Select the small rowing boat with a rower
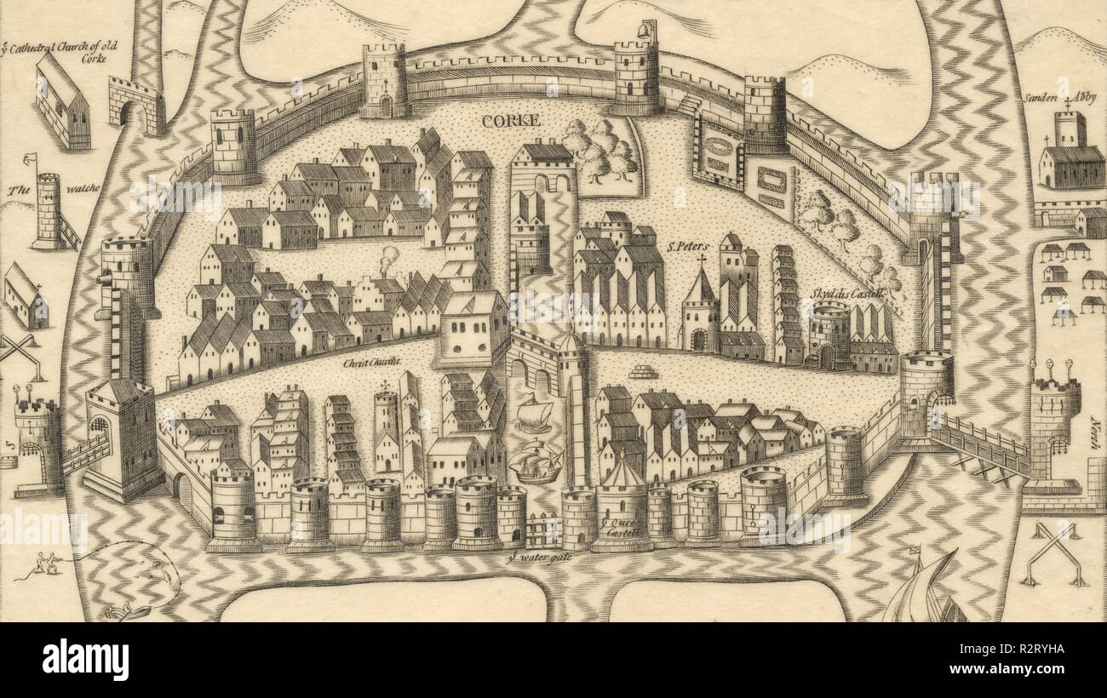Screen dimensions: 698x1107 click(128, 611)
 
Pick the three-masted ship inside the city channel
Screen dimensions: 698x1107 click(536, 461)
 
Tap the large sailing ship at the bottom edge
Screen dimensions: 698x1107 click(924, 592)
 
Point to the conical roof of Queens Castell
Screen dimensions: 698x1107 click(622, 472)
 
